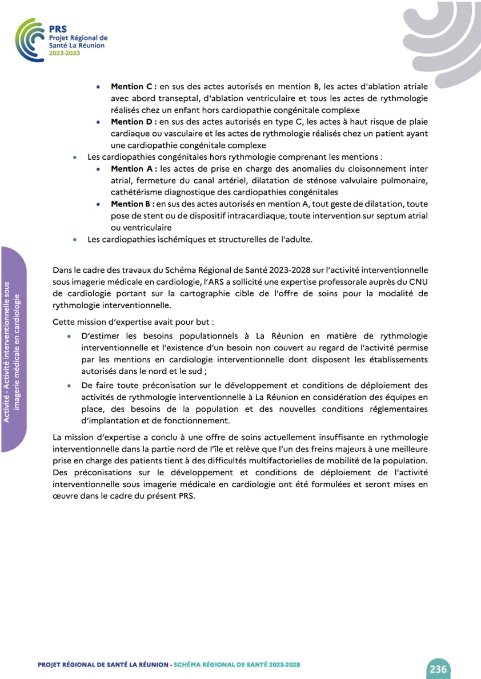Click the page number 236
click(438, 669)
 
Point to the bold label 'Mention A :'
click(134, 169)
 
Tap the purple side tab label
click(14, 349)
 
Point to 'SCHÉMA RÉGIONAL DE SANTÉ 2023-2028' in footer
click(237, 665)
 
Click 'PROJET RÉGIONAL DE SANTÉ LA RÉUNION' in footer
click(103, 665)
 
